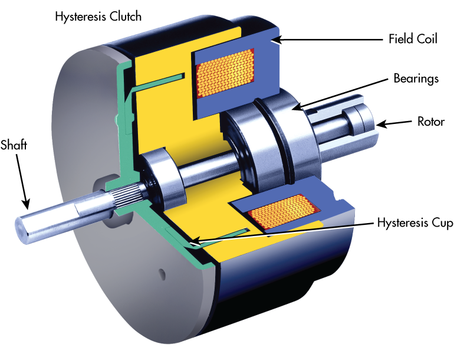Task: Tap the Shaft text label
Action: coord(14,145)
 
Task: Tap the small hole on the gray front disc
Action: coord(163,272)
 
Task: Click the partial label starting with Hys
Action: coord(386,222)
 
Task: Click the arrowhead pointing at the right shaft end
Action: coord(380,124)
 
